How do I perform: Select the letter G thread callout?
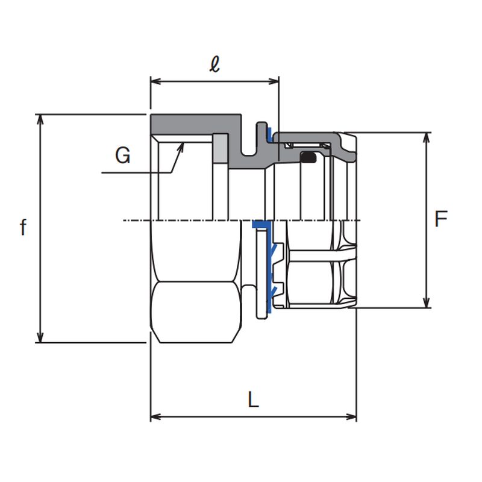(x=122, y=156)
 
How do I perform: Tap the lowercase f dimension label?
(x=23, y=228)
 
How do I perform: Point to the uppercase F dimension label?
(x=441, y=219)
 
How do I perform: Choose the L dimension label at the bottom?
(x=253, y=399)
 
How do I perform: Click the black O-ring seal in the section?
(x=308, y=158)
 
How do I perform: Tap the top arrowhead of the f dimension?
(x=41, y=118)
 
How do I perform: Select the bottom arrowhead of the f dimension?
(x=41, y=339)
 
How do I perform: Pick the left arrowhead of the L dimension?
(x=154, y=416)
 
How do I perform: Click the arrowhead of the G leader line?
(x=182, y=145)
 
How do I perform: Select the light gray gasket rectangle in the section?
(x=220, y=151)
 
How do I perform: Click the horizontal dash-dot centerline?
(x=181, y=221)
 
